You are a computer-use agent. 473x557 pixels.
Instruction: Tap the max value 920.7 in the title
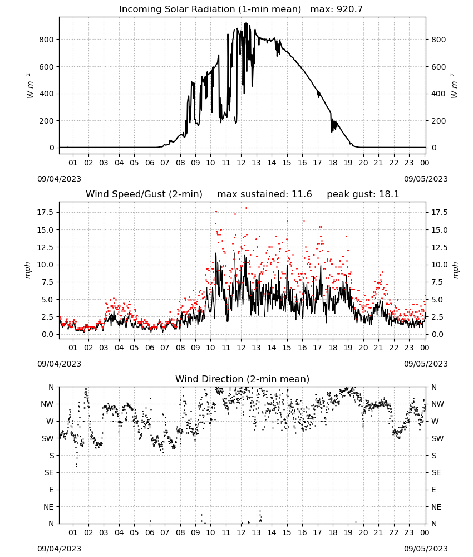click(349, 9)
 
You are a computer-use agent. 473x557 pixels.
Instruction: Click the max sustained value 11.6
click(302, 194)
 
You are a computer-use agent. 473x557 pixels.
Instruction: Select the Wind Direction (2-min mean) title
click(243, 379)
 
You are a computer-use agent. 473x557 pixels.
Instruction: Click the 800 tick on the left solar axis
click(46, 40)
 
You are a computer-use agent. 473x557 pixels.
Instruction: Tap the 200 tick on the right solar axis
click(438, 121)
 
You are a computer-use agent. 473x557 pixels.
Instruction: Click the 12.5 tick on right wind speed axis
click(439, 247)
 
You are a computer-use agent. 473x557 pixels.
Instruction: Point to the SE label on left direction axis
click(49, 472)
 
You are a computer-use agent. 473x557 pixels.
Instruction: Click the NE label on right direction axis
click(436, 507)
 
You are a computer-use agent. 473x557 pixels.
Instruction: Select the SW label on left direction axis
click(48, 438)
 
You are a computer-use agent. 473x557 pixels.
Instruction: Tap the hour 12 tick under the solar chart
click(241, 163)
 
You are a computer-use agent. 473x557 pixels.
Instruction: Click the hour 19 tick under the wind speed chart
click(348, 348)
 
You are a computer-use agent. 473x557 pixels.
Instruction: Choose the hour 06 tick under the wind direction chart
click(149, 532)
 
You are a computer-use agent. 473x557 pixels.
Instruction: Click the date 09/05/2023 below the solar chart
click(426, 179)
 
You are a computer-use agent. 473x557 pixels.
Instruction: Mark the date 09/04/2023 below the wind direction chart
click(59, 549)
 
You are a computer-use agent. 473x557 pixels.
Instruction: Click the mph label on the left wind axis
click(28, 270)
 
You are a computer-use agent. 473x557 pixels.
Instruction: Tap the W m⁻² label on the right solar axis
click(454, 86)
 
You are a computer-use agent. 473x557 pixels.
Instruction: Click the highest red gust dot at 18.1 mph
click(247, 208)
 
